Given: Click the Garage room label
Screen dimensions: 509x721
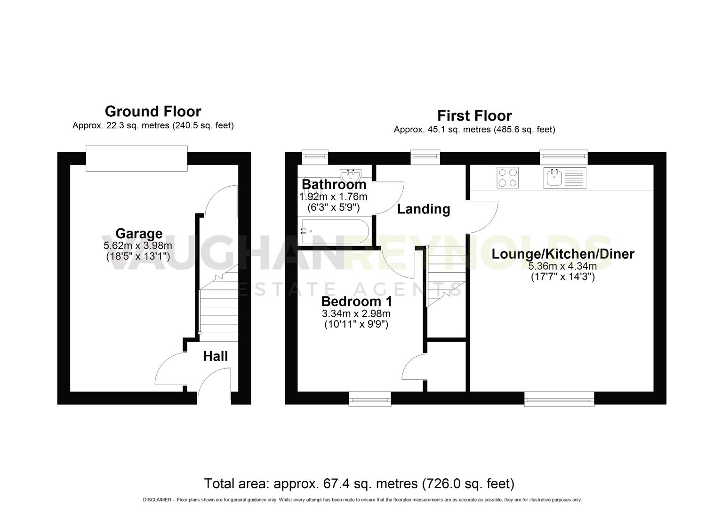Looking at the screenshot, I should click(139, 233).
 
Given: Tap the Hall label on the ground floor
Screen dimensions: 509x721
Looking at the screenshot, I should click(216, 356).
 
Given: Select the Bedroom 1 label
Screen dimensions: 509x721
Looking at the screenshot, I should click(356, 301).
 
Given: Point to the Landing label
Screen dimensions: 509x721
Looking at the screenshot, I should click(424, 209).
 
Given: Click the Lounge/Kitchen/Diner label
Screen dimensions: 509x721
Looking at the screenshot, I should click(563, 254).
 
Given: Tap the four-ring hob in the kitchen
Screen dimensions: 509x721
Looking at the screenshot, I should click(507, 178).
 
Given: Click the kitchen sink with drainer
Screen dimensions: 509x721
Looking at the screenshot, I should click(564, 178).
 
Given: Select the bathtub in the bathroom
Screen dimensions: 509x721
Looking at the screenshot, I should click(335, 231).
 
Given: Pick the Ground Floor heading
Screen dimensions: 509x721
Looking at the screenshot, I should click(153, 111).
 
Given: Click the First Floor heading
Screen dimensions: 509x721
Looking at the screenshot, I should click(474, 115).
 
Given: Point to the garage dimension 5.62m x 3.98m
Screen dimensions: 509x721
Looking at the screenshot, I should click(138, 246).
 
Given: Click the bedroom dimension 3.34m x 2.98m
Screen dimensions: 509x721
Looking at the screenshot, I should click(356, 314).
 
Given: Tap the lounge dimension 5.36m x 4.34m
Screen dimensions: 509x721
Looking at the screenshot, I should click(563, 266).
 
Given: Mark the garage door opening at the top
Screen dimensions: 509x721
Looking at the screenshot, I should click(136, 158).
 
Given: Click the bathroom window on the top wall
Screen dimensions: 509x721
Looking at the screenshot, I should click(314, 157).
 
